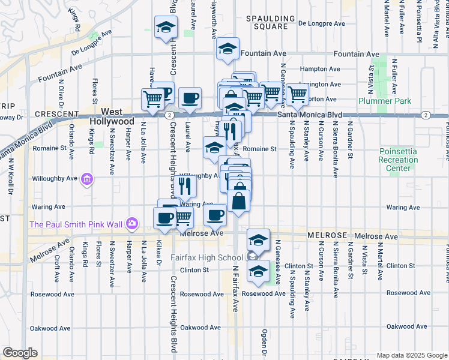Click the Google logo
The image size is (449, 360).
coord(20,353)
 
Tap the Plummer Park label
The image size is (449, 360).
coord(385,101)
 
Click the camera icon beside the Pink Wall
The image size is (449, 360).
coord(131,224)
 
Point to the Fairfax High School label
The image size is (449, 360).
coord(205,257)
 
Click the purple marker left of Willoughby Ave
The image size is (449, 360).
coord(88,179)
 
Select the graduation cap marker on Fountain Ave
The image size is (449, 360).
coord(228,49)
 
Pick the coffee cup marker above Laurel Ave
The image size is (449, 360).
coord(190,97)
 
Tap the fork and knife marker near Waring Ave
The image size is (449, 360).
coord(184,187)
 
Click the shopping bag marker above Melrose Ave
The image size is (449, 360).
coord(239,201)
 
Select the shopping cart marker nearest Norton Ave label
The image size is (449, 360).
coord(297,94)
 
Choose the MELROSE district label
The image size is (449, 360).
coord(328,236)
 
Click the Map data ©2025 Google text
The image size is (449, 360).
coord(412,355)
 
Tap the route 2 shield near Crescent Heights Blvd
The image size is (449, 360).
coord(170,114)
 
